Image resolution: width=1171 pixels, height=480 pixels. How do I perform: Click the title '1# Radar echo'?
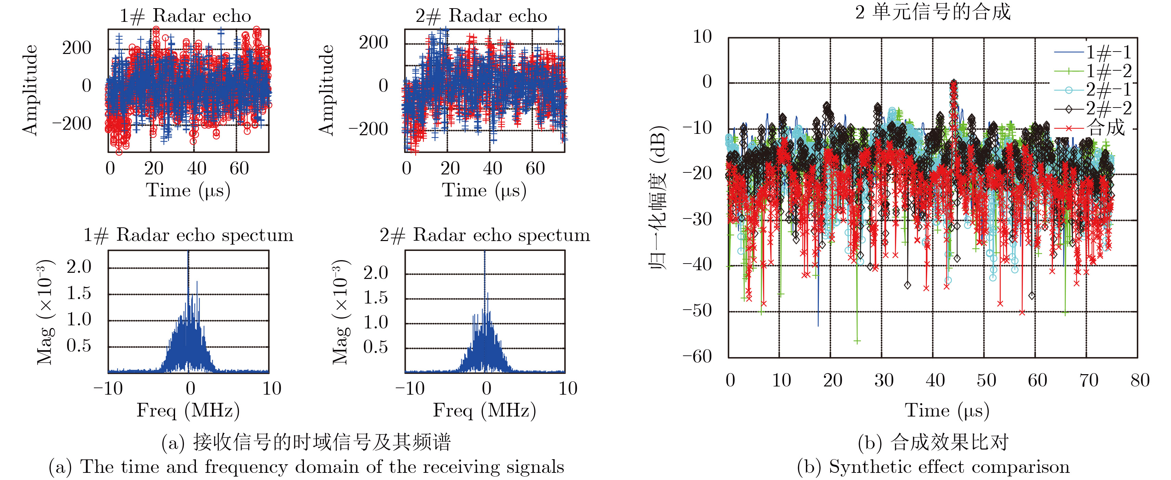[x=185, y=16]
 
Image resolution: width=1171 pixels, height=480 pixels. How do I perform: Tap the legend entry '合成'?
[x=1106, y=128]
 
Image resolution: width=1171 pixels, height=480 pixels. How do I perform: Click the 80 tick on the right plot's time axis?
[x=1140, y=380]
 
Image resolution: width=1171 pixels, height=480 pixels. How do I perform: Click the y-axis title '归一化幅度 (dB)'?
[x=658, y=198]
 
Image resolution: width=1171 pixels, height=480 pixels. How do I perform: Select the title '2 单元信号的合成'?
[x=932, y=12]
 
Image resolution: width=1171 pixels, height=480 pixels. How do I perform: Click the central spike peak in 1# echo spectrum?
[x=188, y=253]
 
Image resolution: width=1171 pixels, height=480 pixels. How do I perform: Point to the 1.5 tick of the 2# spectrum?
[x=375, y=298]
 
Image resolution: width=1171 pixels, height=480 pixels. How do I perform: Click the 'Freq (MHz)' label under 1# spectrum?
[x=188, y=410]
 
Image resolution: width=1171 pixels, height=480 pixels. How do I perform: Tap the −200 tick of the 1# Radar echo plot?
[x=72, y=124]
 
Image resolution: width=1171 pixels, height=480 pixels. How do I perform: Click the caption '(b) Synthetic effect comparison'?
[x=933, y=467]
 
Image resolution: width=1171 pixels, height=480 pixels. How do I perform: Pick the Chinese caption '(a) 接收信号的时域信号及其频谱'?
[x=306, y=442]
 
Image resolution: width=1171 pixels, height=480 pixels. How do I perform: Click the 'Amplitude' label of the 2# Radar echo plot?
[x=326, y=90]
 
